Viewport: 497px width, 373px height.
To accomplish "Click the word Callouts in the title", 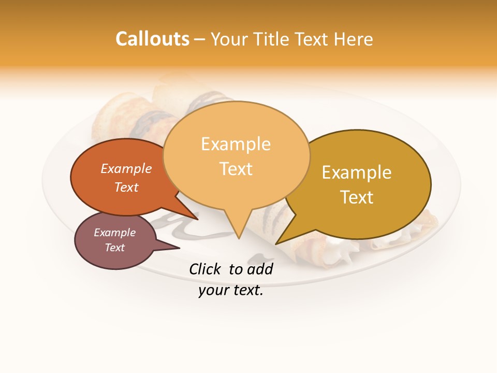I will (x=152, y=39).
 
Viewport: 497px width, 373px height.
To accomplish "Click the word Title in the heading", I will (x=274, y=39).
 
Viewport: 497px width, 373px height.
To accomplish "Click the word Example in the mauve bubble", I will (x=114, y=233).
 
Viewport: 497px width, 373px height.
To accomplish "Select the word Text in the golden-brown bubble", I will (x=357, y=197).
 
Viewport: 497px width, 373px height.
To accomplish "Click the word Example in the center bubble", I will (x=236, y=144).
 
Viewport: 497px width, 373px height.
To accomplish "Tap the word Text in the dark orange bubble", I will (x=126, y=187).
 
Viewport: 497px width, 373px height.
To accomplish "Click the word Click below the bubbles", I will (x=206, y=269).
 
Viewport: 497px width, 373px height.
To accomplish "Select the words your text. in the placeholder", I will (x=231, y=290).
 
